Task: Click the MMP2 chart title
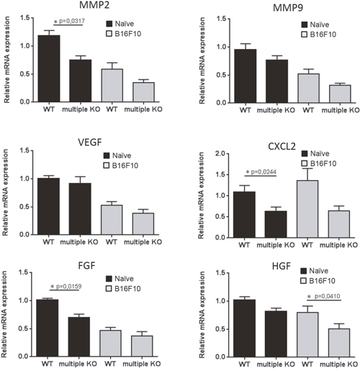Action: tap(94, 5)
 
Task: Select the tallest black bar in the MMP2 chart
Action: tap(49, 68)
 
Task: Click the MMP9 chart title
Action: tap(288, 8)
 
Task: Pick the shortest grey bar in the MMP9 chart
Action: tap(340, 94)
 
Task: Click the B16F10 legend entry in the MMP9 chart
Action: tap(319, 35)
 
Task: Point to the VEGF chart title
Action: tap(90, 142)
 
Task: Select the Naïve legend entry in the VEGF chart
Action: tap(117, 156)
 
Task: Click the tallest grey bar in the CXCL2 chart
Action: tap(307, 209)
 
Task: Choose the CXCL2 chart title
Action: tap(282, 146)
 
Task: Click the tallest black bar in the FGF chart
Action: tap(48, 328)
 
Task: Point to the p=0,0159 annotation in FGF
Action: tap(68, 287)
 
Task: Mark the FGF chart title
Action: tap(86, 266)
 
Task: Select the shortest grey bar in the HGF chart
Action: tap(339, 343)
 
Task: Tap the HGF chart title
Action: tap(282, 266)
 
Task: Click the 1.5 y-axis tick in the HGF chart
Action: tap(220, 273)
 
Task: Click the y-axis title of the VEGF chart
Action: tap(5, 192)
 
